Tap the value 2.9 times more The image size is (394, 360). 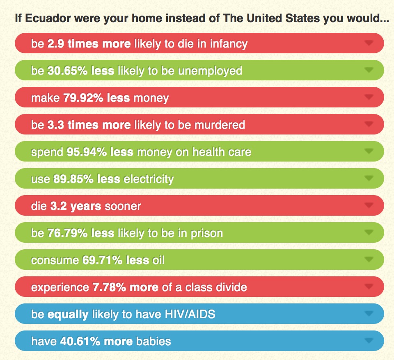89,43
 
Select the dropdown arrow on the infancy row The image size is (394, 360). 369,43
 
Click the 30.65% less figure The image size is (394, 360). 80,71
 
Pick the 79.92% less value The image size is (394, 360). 96,98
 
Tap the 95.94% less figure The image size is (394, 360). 100,152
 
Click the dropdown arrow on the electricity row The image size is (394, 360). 369,178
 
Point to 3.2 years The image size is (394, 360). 76,206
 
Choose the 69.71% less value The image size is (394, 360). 116,260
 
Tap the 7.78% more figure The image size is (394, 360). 124,287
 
